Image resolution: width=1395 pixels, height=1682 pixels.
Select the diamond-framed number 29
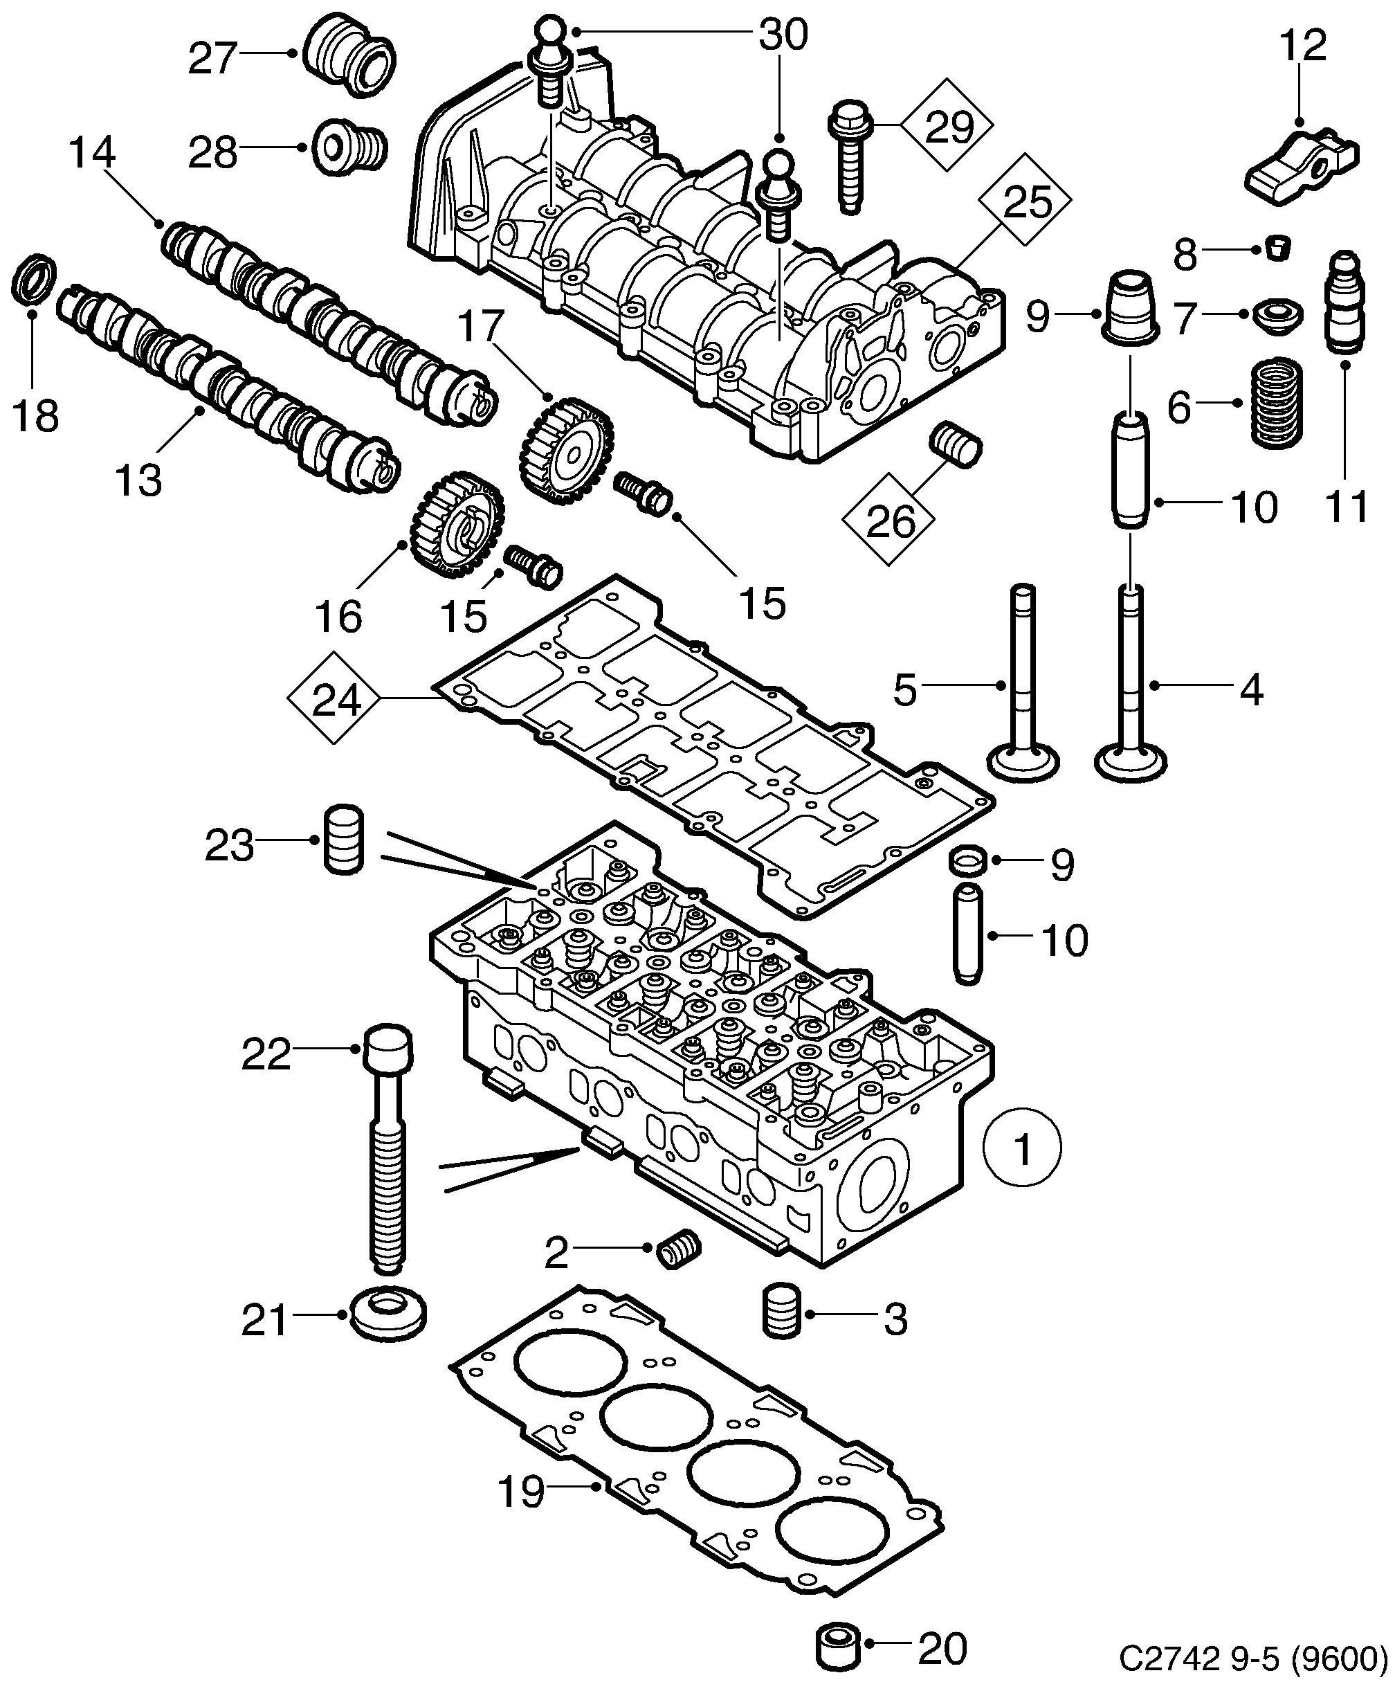coord(947,126)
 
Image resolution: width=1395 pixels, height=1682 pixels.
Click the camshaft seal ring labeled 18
coord(35,279)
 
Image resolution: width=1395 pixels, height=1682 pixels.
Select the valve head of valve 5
coord(1025,761)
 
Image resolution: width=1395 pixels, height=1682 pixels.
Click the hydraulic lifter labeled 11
coord(1346,302)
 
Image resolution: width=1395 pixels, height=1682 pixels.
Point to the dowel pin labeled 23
coord(343,840)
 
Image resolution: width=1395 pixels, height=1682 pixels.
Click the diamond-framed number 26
coord(890,520)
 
